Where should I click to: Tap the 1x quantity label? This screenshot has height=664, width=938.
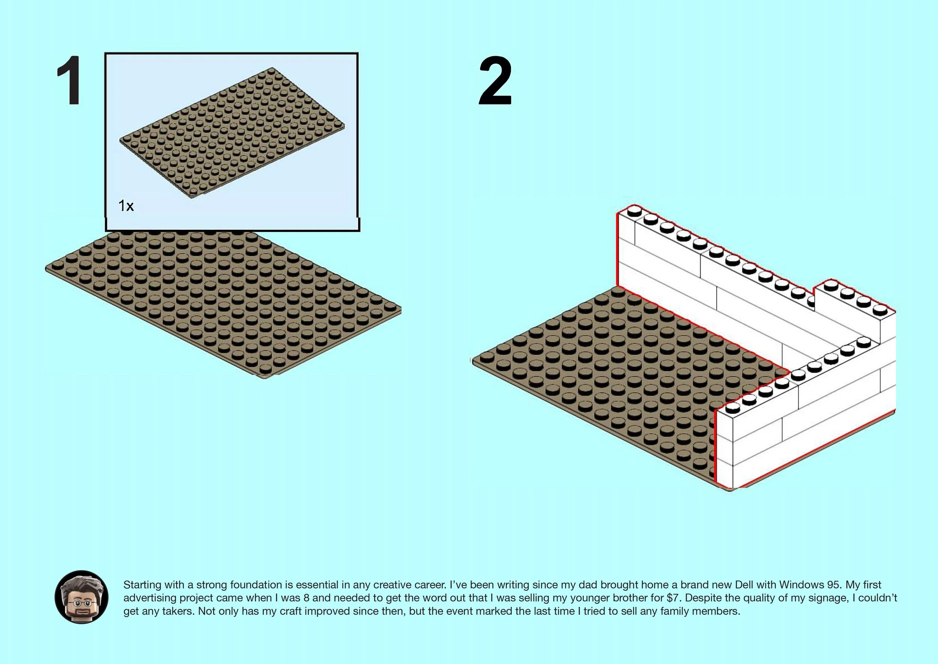(x=126, y=206)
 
